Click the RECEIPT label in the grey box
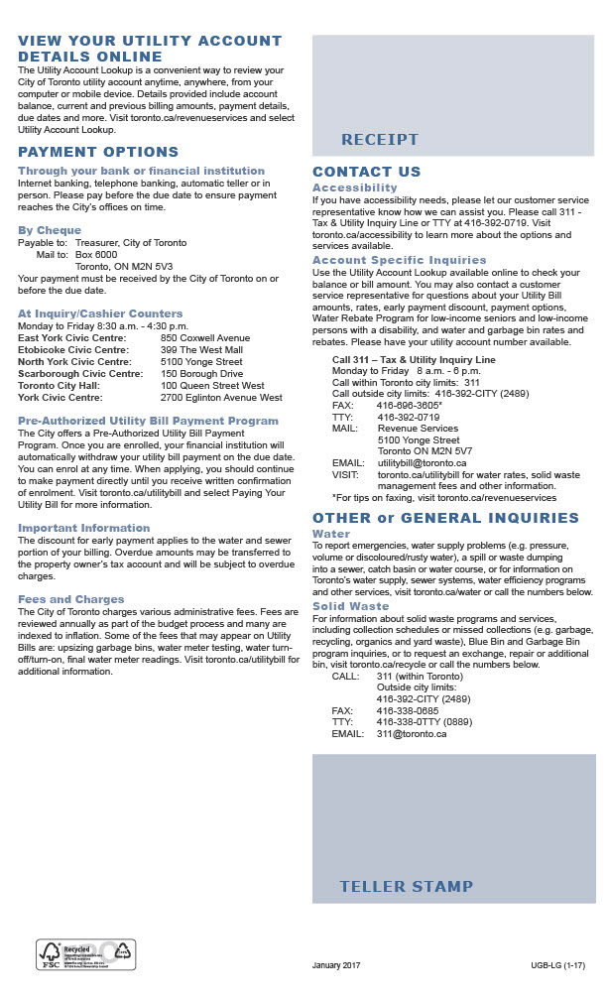point(380,140)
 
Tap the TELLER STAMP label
point(406,886)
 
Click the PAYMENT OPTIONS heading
point(98,152)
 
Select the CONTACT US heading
point(366,172)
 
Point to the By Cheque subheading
point(50,230)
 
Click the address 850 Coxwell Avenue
point(205,337)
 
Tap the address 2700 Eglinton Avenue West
point(221,398)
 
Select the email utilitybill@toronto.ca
point(422,463)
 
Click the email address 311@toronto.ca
point(412,734)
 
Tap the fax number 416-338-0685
point(408,710)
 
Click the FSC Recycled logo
point(85,954)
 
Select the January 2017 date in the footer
point(336,965)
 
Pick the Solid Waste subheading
point(350,606)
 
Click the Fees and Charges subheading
point(70,599)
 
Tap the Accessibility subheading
point(354,187)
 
